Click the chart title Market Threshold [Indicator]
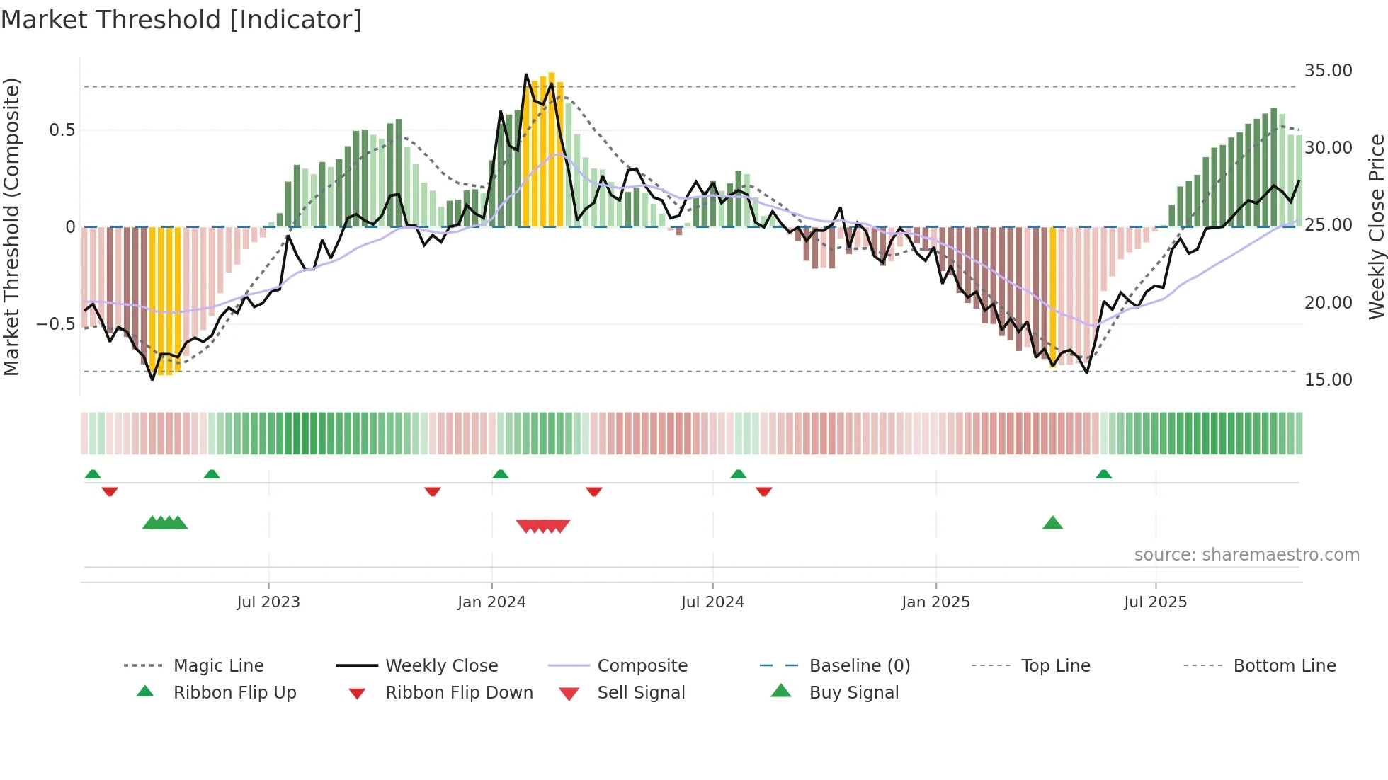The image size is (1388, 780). [181, 20]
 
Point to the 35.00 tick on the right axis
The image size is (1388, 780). [1328, 71]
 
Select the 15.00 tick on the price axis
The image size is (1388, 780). [1328, 380]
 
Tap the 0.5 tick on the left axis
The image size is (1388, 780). [62, 130]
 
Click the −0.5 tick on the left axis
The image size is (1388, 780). [56, 324]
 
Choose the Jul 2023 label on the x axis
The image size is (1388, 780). [268, 602]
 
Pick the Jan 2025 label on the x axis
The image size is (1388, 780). [935, 602]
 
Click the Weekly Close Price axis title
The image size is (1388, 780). [1376, 226]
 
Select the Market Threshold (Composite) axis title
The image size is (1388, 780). [11, 226]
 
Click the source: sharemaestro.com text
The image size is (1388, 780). [1246, 555]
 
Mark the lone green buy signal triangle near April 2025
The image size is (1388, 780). [1052, 523]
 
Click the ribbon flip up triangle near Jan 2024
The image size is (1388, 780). [501, 474]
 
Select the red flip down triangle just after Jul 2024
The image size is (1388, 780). [763, 491]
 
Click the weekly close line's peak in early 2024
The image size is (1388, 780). [526, 74]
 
